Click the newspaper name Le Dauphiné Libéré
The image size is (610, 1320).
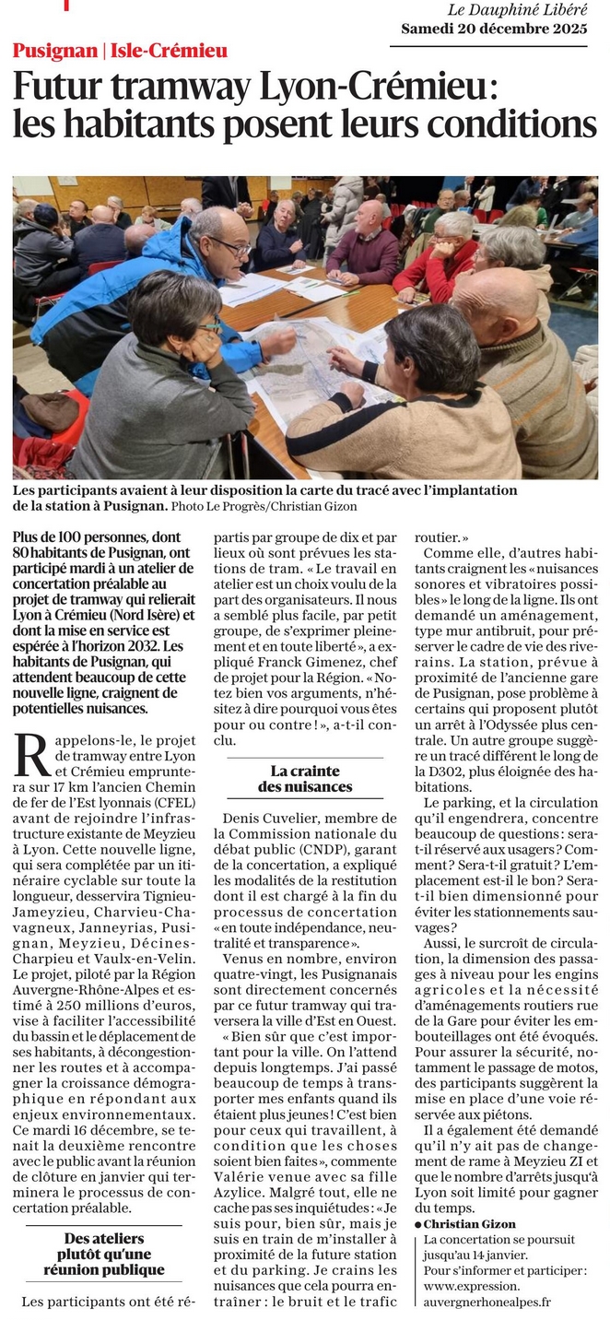click(x=517, y=10)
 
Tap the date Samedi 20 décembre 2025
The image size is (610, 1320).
click(x=494, y=29)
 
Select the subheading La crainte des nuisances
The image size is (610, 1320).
click(x=305, y=779)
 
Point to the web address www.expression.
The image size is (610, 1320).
click(x=472, y=1286)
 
